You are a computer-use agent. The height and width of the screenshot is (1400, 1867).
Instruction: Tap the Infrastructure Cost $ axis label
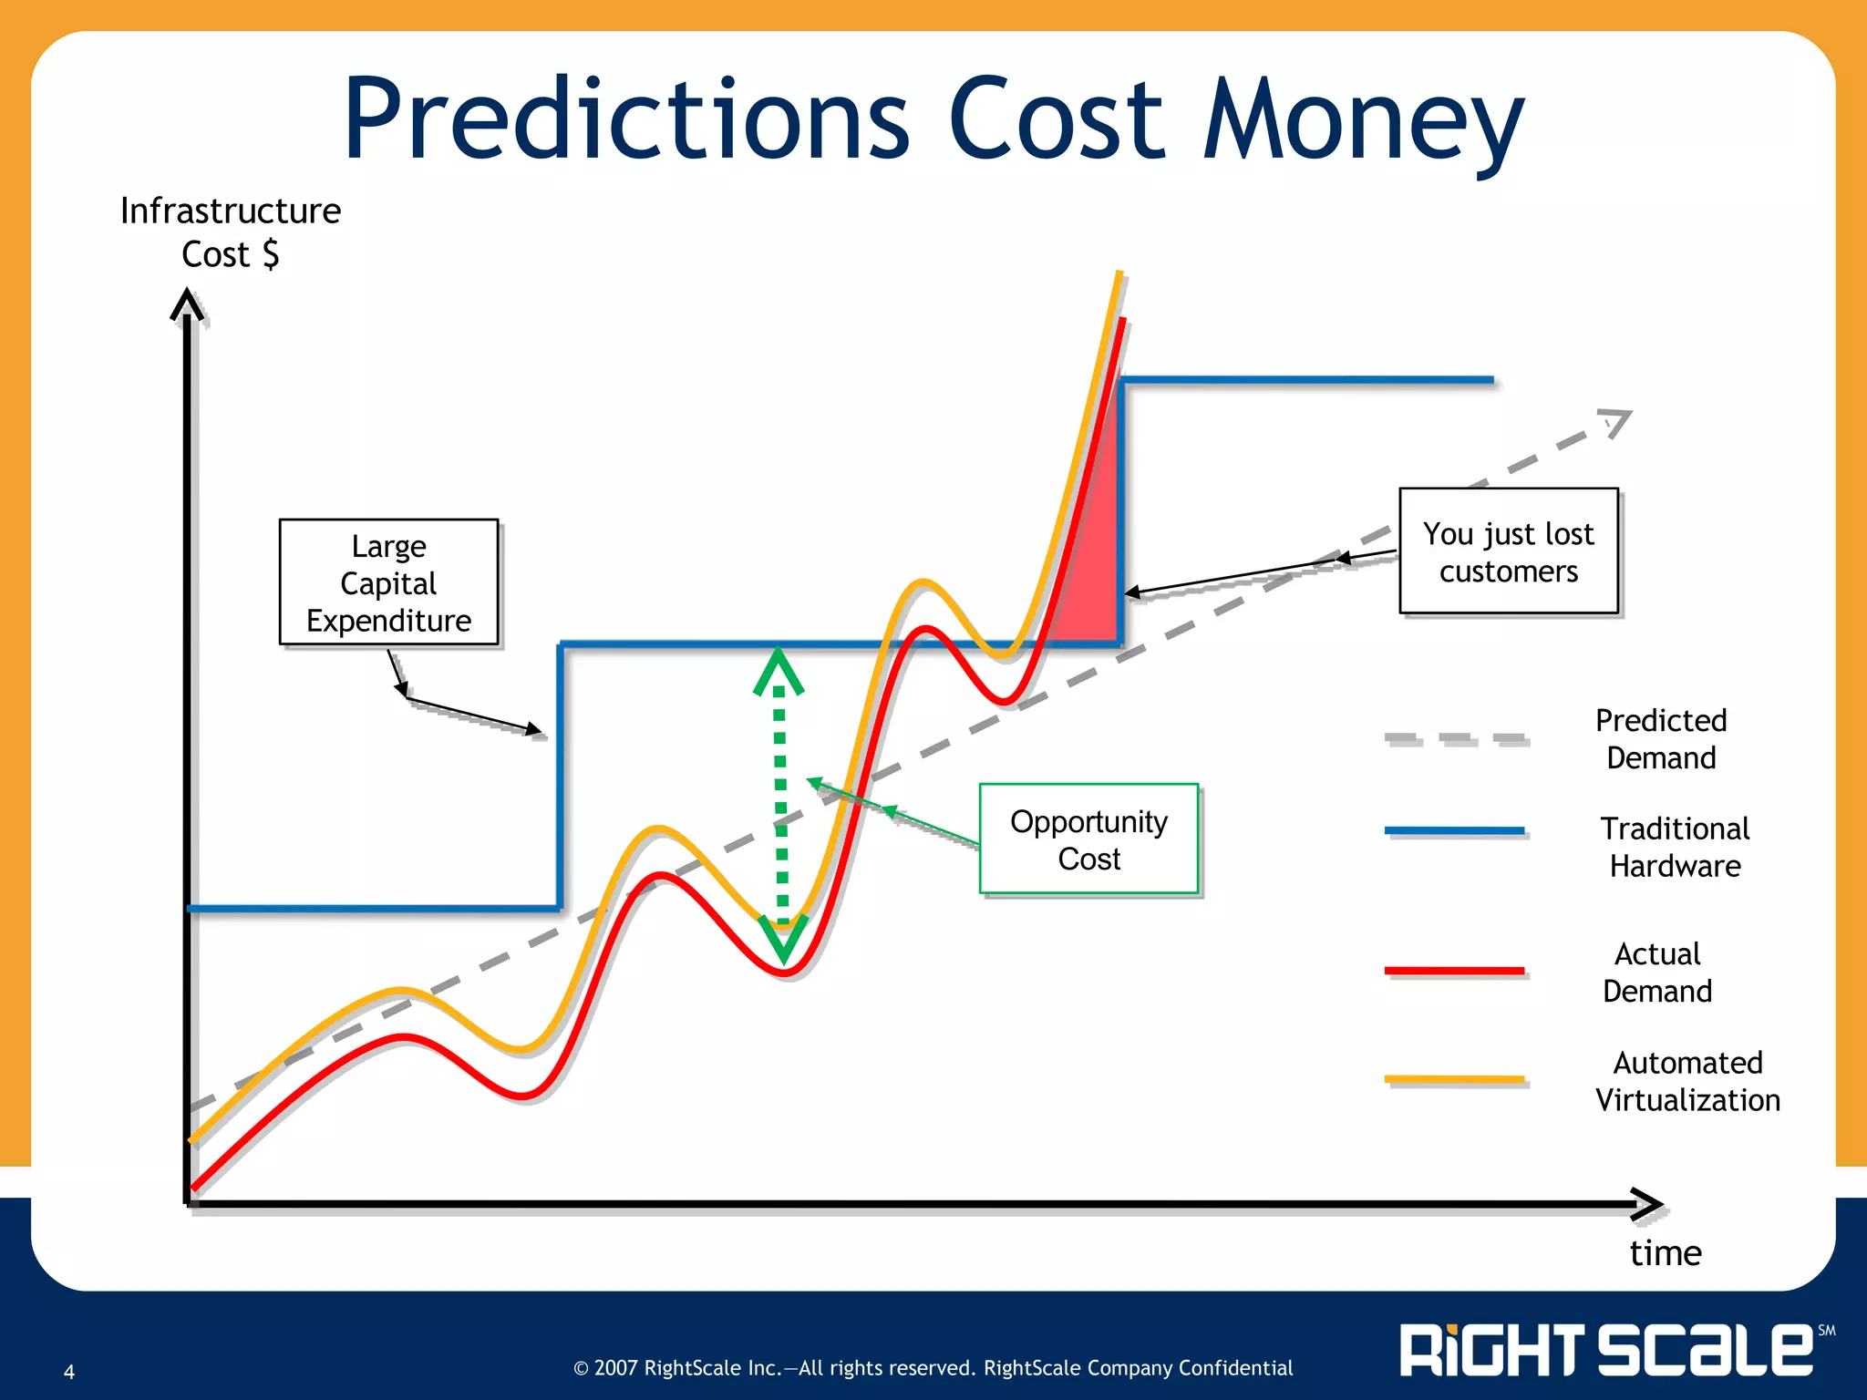(231, 232)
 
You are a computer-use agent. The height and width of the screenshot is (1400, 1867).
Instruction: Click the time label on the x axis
(1665, 1253)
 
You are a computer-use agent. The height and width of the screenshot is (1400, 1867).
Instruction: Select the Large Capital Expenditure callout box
(388, 582)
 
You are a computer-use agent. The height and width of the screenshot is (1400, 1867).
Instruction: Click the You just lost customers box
(1508, 551)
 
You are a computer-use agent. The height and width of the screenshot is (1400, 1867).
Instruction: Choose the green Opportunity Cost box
(1088, 839)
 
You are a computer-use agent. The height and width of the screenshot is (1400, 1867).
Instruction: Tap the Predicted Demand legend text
(1660, 739)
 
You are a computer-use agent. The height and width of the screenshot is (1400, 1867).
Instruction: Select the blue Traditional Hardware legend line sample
(1454, 830)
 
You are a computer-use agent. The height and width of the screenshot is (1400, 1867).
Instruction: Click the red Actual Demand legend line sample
(1454, 972)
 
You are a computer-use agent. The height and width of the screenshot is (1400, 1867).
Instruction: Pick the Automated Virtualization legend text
(1686, 1081)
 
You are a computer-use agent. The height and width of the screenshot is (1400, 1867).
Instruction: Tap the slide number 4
(69, 1372)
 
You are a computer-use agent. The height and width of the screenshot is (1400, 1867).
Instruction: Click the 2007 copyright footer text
(933, 1368)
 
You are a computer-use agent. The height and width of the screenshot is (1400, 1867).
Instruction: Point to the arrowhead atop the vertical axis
(187, 304)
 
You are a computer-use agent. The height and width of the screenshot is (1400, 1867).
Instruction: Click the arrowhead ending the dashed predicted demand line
(1616, 422)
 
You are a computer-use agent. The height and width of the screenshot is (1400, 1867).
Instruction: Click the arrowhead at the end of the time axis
(1646, 1204)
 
